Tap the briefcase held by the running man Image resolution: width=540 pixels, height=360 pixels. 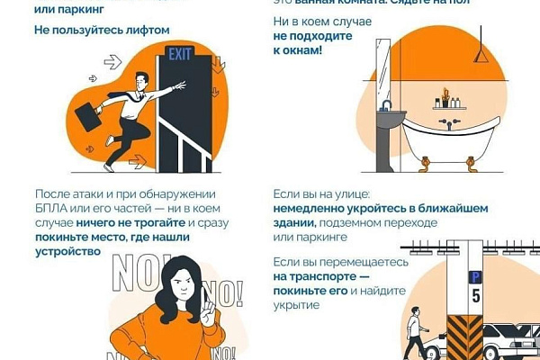tap(87, 115)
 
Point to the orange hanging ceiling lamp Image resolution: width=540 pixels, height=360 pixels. tap(484, 56)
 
